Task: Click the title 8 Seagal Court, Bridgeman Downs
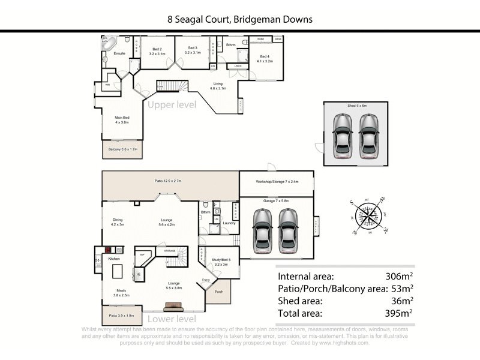pos(240,19)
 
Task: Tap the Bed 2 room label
pos(157,50)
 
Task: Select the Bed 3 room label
pos(192,50)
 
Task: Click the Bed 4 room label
pos(265,58)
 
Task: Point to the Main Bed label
pos(122,119)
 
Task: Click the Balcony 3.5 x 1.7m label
pos(122,149)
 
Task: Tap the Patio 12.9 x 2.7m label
pos(168,181)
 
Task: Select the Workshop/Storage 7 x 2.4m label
pos(277,181)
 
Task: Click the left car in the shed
pos(342,136)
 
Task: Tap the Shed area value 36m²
pos(404,301)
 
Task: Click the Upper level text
pos(172,104)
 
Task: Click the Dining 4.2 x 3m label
pos(118,222)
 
